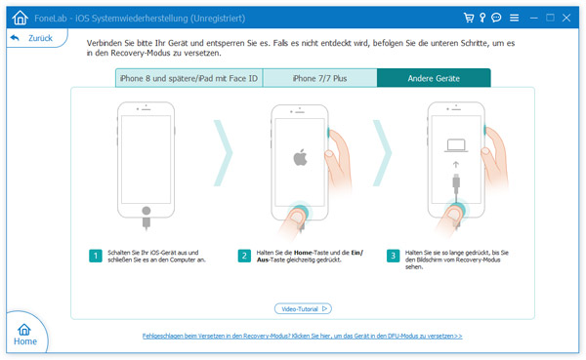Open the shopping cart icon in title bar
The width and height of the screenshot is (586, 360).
click(x=469, y=18)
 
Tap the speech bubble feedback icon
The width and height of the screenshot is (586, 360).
click(x=496, y=18)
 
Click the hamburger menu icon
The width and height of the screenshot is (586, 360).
click(x=515, y=18)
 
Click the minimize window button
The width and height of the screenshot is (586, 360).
click(x=533, y=18)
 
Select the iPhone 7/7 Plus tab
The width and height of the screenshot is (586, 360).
click(x=319, y=78)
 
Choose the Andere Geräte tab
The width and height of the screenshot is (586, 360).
click(x=434, y=78)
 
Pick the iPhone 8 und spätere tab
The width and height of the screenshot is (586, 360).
click(x=189, y=78)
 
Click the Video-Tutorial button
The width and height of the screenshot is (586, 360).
click(x=303, y=309)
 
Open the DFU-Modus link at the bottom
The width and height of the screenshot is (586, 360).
click(x=302, y=337)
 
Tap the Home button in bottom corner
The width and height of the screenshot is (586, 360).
click(x=25, y=335)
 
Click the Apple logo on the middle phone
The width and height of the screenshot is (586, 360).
click(x=300, y=157)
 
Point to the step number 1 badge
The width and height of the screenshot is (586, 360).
click(x=96, y=256)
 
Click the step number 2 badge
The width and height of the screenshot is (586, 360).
click(x=244, y=256)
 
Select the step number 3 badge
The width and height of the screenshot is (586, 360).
click(x=394, y=256)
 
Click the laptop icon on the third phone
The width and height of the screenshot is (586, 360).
click(x=456, y=145)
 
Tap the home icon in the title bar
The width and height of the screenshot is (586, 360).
click(x=20, y=18)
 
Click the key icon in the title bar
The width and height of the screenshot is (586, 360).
click(x=482, y=18)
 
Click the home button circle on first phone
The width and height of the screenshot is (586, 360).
click(x=146, y=211)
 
